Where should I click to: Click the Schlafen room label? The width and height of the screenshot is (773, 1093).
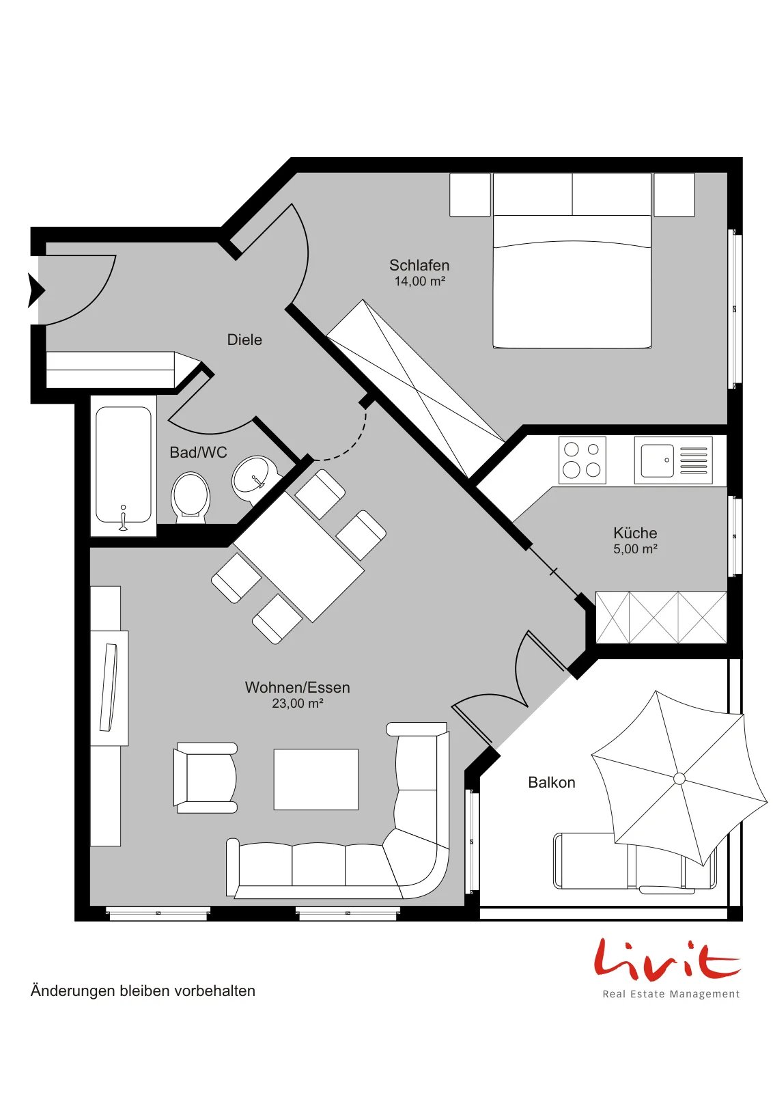419,266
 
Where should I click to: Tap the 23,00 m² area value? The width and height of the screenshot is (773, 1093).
298,703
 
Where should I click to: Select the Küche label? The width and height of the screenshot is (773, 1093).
635,533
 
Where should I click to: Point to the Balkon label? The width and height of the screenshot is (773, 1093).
552,783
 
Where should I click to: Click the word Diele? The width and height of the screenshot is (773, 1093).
244,340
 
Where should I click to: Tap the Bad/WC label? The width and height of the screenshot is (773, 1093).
198,452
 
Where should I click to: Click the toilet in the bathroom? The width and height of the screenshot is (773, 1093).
191,497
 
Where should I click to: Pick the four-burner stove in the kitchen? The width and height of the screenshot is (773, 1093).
582,460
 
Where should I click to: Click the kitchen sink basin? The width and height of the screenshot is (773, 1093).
657,460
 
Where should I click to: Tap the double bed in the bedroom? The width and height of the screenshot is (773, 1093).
572,260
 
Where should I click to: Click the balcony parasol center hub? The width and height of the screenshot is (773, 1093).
679,779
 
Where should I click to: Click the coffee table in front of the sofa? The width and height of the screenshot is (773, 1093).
316,779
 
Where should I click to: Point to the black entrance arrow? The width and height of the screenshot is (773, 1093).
36,291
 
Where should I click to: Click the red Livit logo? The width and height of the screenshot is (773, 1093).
666,959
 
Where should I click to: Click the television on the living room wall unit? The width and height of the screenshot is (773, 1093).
109,687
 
